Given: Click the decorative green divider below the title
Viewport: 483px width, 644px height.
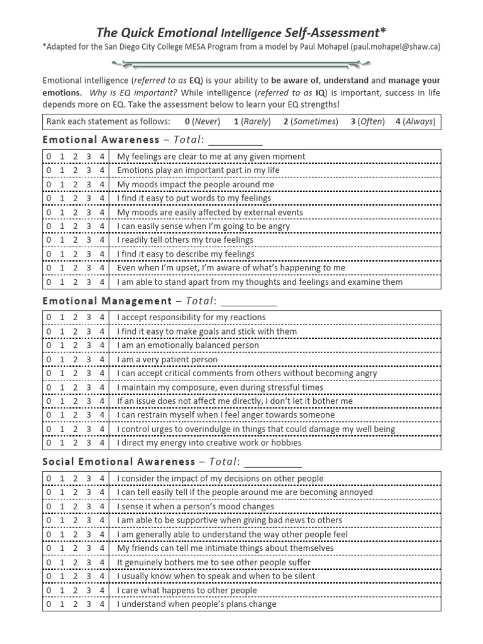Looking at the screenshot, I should pos(241,63).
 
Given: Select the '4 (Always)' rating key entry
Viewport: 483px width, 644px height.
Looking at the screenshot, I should pos(415,121).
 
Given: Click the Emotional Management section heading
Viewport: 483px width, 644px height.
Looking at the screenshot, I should pos(107,301).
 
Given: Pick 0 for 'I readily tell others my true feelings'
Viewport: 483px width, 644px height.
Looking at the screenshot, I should pos(48,240).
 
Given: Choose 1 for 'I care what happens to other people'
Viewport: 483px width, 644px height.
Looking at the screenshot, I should pos(62,591).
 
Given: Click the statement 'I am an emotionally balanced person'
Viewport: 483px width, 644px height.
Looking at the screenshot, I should pos(187,345).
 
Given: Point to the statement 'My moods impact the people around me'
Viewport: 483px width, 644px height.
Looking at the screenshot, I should pos(196,184).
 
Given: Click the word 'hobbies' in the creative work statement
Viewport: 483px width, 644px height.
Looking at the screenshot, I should pos(286,443).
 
